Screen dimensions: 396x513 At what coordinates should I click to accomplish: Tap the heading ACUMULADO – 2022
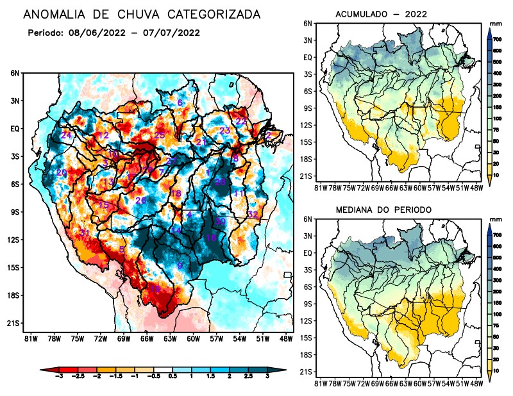[381, 14]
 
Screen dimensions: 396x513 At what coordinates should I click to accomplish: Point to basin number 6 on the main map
[180, 103]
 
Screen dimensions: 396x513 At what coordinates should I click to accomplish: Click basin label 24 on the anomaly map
[66, 136]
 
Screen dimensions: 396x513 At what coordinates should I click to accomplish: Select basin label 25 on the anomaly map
[160, 135]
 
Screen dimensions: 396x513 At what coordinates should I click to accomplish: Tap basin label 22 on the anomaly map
[241, 121]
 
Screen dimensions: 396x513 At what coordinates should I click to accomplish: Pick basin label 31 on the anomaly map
[84, 232]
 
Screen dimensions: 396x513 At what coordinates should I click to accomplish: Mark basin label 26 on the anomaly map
[141, 201]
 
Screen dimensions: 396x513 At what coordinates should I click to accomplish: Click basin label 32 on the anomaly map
[253, 214]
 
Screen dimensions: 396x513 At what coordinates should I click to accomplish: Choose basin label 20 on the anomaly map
[62, 173]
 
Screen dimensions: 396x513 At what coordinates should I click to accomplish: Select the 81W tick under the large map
[29, 338]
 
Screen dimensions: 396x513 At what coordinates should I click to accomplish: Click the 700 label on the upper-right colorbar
[497, 39]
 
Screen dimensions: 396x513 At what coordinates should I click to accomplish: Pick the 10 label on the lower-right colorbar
[497, 370]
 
